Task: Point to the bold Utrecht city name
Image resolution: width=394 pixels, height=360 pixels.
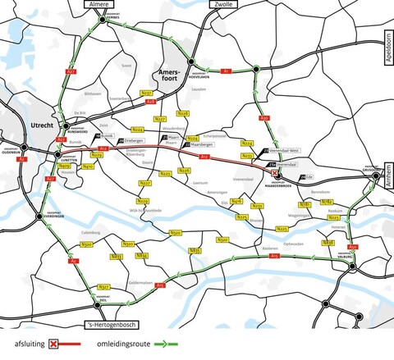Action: pyautogui.click(x=40, y=122)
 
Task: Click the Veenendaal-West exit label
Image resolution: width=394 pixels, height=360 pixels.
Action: pyautogui.click(x=271, y=153)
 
